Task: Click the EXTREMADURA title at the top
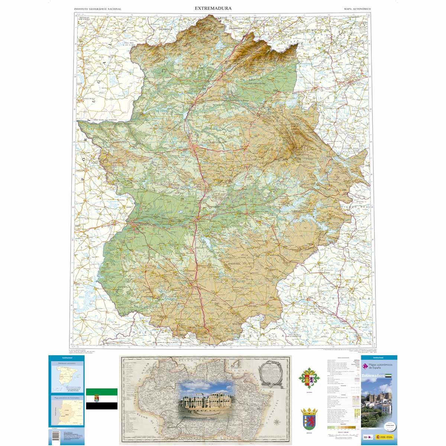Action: [213, 8]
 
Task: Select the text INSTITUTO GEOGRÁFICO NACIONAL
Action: [98, 8]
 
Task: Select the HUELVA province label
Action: [142, 329]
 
